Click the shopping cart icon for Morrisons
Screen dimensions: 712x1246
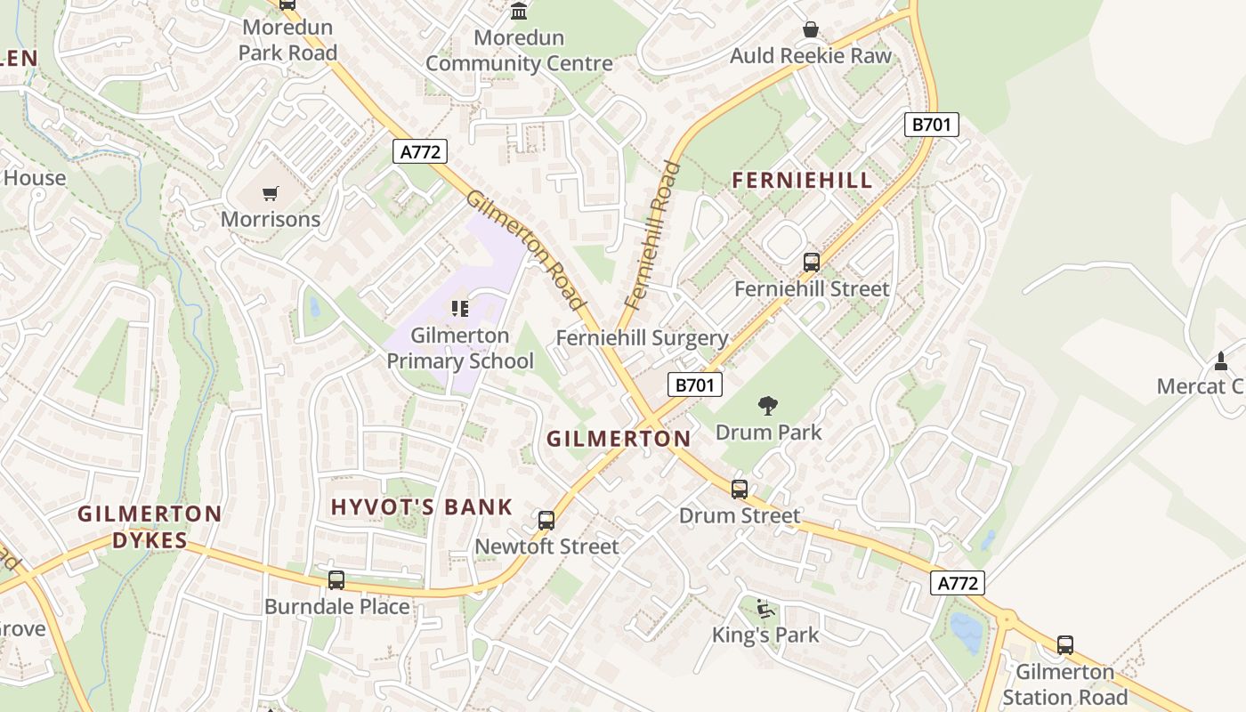271,193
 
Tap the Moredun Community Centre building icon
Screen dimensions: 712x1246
518,12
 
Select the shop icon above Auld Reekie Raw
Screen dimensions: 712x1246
810,29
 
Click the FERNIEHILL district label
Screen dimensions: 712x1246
802,181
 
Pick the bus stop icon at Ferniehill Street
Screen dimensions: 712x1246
811,263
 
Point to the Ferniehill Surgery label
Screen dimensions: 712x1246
642,338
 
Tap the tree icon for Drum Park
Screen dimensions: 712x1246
767,407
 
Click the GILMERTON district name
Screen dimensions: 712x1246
619,439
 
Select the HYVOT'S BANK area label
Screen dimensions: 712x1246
422,507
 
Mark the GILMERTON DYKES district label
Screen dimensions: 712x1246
150,527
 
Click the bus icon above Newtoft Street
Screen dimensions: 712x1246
546,521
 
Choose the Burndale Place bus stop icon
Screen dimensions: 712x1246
336,580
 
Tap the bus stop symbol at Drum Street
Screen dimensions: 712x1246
740,489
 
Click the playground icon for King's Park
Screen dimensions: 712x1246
765,609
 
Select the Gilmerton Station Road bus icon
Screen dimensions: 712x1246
1064,645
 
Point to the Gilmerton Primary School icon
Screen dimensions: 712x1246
459,309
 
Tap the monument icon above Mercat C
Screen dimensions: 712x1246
1221,360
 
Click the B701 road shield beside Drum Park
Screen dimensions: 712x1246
694,384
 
